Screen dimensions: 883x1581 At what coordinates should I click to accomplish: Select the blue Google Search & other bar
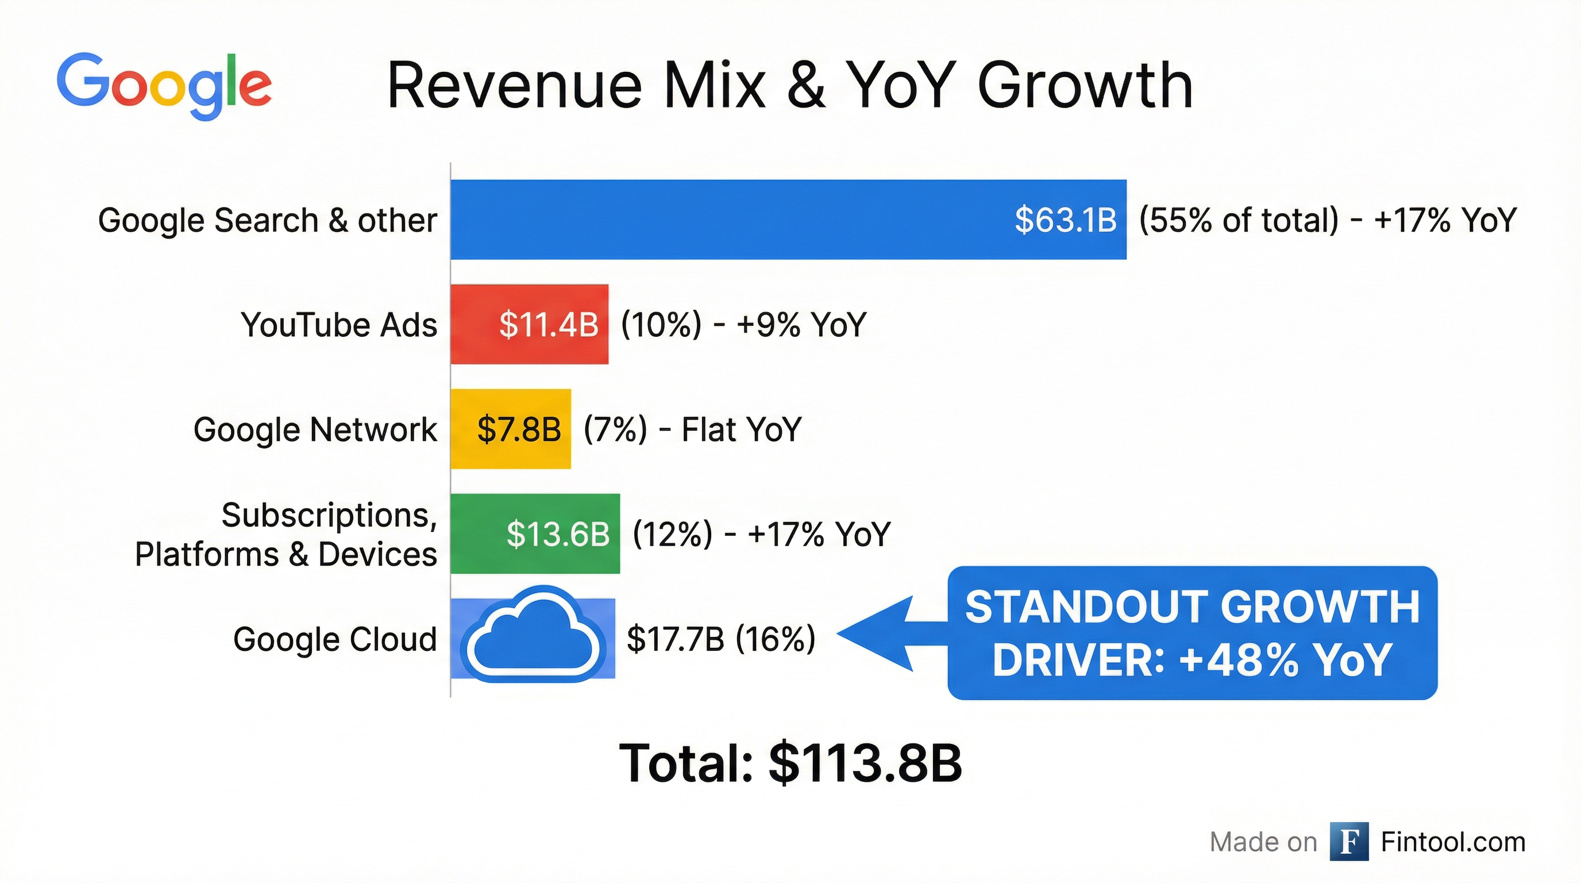pyautogui.click(x=724, y=219)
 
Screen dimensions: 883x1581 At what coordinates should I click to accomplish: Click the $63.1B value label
pyautogui.click(x=1066, y=220)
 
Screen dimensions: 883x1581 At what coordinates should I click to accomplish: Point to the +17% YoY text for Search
pyautogui.click(x=1445, y=220)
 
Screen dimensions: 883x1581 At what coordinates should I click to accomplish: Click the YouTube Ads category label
pyautogui.click(x=339, y=324)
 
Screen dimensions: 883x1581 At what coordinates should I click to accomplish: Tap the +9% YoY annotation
pyautogui.click(x=801, y=324)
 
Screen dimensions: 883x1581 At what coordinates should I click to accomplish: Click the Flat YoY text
pyautogui.click(x=742, y=429)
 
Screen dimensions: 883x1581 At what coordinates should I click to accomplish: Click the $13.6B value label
pyautogui.click(x=557, y=533)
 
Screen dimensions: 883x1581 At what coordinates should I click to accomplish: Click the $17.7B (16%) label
pyautogui.click(x=720, y=639)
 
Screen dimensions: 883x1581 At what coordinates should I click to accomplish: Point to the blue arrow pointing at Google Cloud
pyautogui.click(x=890, y=633)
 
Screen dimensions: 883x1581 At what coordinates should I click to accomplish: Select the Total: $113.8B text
pyautogui.click(x=790, y=763)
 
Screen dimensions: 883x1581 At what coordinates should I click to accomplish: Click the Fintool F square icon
pyautogui.click(x=1349, y=841)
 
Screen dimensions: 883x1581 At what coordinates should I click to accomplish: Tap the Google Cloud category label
pyautogui.click(x=334, y=639)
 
